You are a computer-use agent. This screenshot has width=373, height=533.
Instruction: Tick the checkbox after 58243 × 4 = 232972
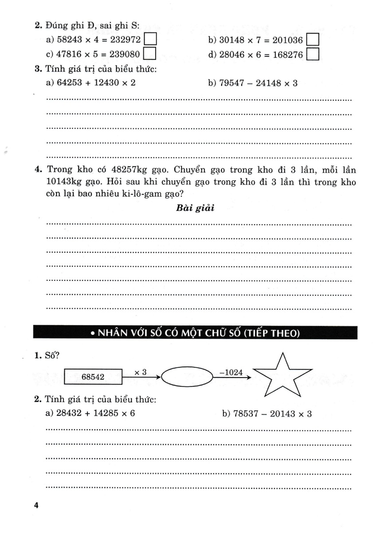coord(151,40)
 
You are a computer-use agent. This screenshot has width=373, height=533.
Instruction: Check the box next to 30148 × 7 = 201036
coord(314,40)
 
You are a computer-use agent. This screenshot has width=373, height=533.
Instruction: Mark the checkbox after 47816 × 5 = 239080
coord(151,54)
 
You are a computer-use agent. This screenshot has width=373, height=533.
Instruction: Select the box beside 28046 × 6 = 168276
coord(314,54)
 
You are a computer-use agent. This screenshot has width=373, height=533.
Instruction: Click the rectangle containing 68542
coord(93,377)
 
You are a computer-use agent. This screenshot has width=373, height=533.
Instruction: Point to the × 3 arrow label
coord(140,372)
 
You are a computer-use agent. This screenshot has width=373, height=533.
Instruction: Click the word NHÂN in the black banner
coord(115,333)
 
